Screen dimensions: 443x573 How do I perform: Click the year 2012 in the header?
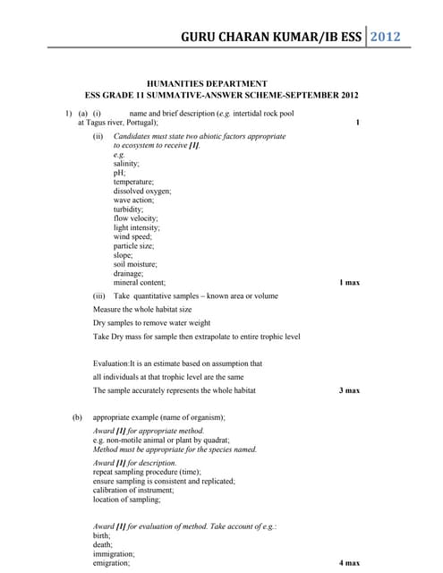click(382, 37)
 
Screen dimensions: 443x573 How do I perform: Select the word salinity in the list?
click(126, 164)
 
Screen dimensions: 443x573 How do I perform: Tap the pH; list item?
click(119, 173)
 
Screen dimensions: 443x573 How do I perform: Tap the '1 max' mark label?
click(349, 283)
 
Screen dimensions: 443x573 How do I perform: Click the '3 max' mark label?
click(349, 390)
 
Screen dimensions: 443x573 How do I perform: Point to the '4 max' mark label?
click(349, 563)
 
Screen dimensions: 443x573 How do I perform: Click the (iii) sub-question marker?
click(99, 295)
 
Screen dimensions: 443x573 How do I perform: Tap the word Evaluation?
click(111, 363)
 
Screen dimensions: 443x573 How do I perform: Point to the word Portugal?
click(141, 123)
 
